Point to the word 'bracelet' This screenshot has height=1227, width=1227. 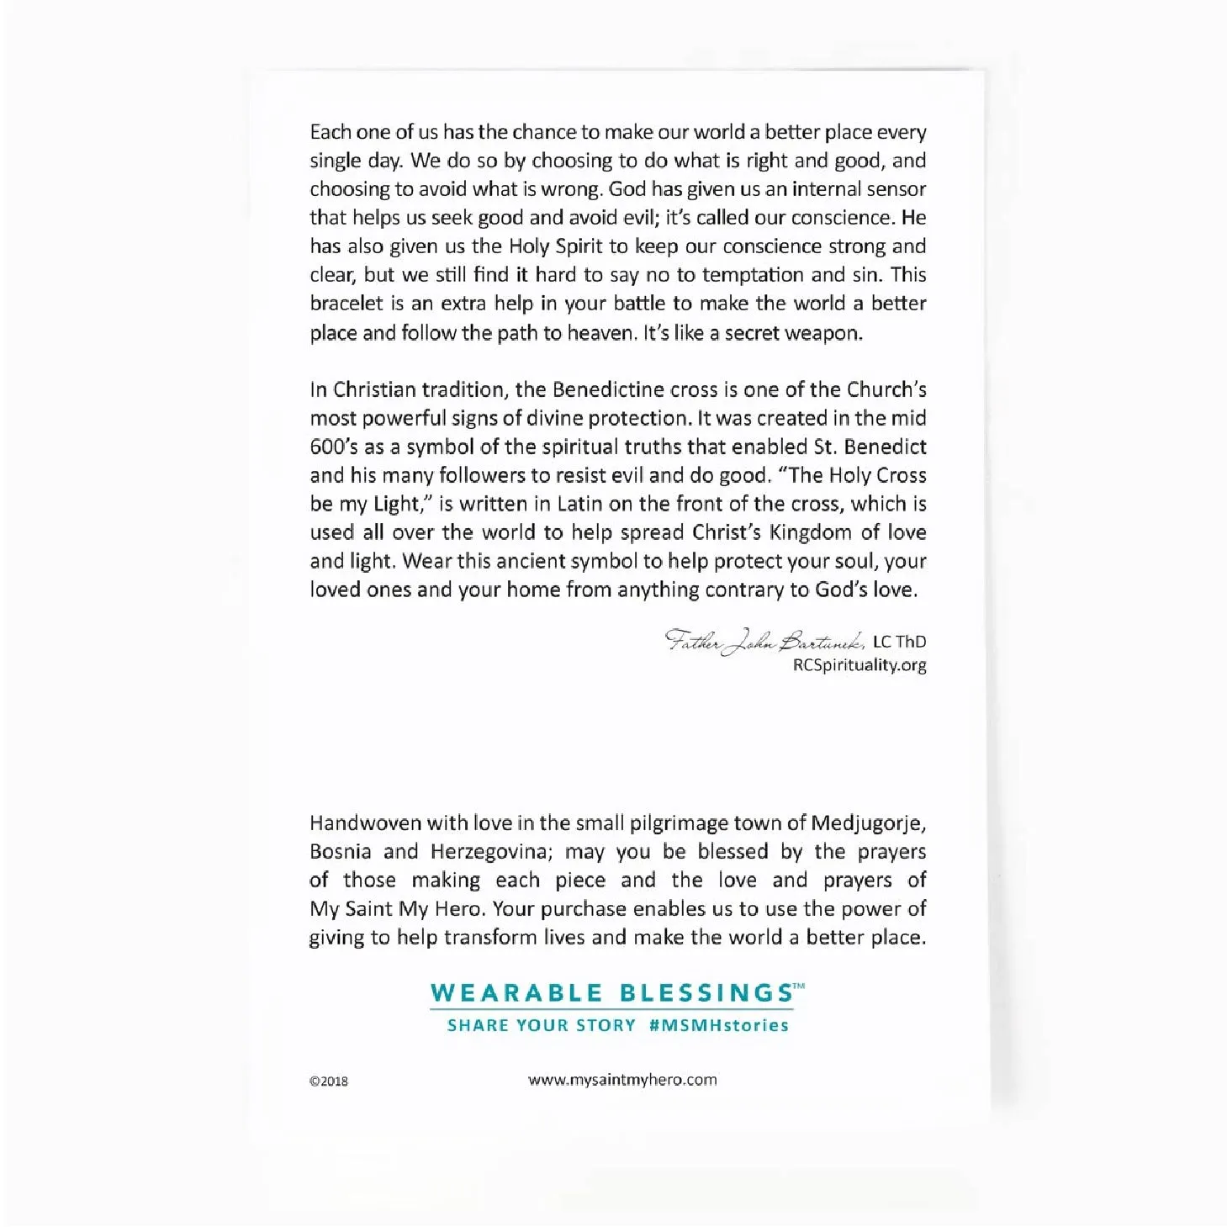tap(346, 304)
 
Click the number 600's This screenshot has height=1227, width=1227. tap(334, 447)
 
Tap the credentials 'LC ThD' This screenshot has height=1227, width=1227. tap(899, 642)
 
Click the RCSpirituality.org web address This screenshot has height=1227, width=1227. tap(859, 665)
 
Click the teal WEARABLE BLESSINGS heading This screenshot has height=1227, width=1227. tap(614, 993)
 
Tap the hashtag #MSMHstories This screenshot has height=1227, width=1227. tap(719, 1025)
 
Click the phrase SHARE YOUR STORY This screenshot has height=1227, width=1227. tap(542, 1025)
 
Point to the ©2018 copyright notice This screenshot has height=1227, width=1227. tap(328, 1082)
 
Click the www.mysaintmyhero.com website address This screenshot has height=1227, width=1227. tap(622, 1080)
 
